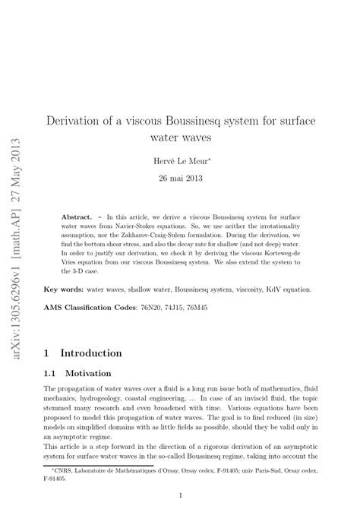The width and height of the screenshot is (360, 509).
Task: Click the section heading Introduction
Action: click(x=90, y=353)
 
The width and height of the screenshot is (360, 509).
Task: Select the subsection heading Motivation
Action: click(x=89, y=374)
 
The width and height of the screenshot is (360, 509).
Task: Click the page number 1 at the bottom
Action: click(x=179, y=494)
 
